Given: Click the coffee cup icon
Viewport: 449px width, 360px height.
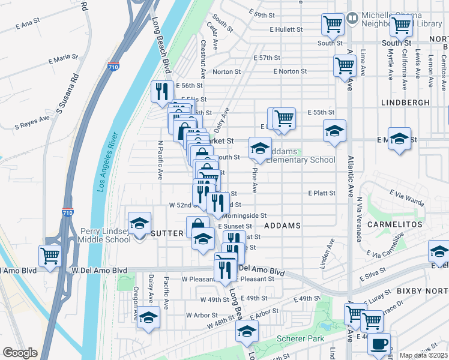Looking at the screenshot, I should point(379,344).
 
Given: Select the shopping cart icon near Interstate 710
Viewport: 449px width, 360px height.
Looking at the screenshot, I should point(50,256).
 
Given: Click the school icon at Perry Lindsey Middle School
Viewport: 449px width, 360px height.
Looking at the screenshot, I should point(139,223).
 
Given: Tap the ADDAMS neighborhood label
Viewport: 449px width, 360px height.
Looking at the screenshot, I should point(282,226).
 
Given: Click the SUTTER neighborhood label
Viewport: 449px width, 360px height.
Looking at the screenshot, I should point(166,233).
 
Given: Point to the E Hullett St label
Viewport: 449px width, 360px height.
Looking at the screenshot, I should point(288,29).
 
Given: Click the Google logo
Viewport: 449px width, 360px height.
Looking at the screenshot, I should point(20,352).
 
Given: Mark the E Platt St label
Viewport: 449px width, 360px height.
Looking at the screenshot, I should point(322,193).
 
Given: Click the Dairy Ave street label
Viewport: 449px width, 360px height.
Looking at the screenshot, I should point(221,121).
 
